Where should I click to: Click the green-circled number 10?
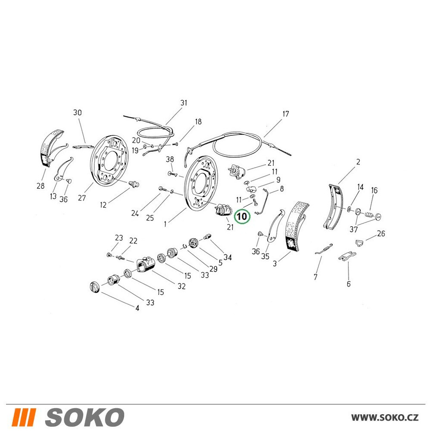[x=242, y=216]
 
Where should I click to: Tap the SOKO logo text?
[x=84, y=417]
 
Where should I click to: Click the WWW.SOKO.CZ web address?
[x=384, y=418]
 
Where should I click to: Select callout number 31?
[x=184, y=103]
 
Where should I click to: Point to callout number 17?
[x=286, y=113]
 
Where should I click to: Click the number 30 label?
[x=78, y=112]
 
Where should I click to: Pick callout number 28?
[x=41, y=186]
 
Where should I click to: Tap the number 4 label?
[x=137, y=308]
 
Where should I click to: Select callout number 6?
[x=349, y=284]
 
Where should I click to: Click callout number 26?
[x=381, y=233]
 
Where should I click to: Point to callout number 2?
[x=358, y=162]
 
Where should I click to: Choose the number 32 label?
[x=181, y=286]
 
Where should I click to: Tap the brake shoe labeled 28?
[x=51, y=148]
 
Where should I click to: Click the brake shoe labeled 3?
[x=296, y=226]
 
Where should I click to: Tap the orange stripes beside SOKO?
[x=24, y=417]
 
